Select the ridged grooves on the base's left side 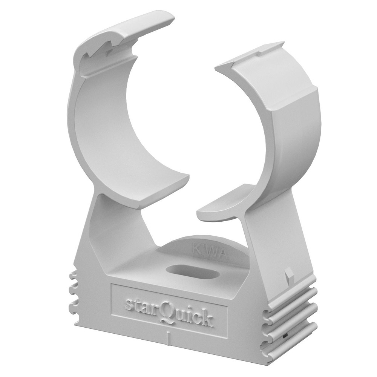coord(73,294)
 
